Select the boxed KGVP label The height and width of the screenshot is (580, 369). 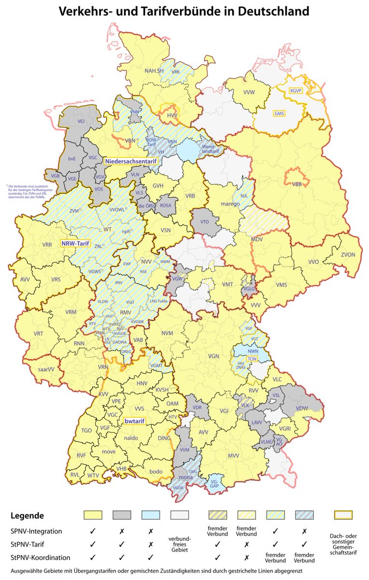(x=295, y=90)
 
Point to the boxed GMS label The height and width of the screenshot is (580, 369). (x=280, y=114)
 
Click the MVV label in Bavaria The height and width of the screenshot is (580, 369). (x=234, y=455)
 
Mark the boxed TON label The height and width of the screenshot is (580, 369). (x=251, y=359)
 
